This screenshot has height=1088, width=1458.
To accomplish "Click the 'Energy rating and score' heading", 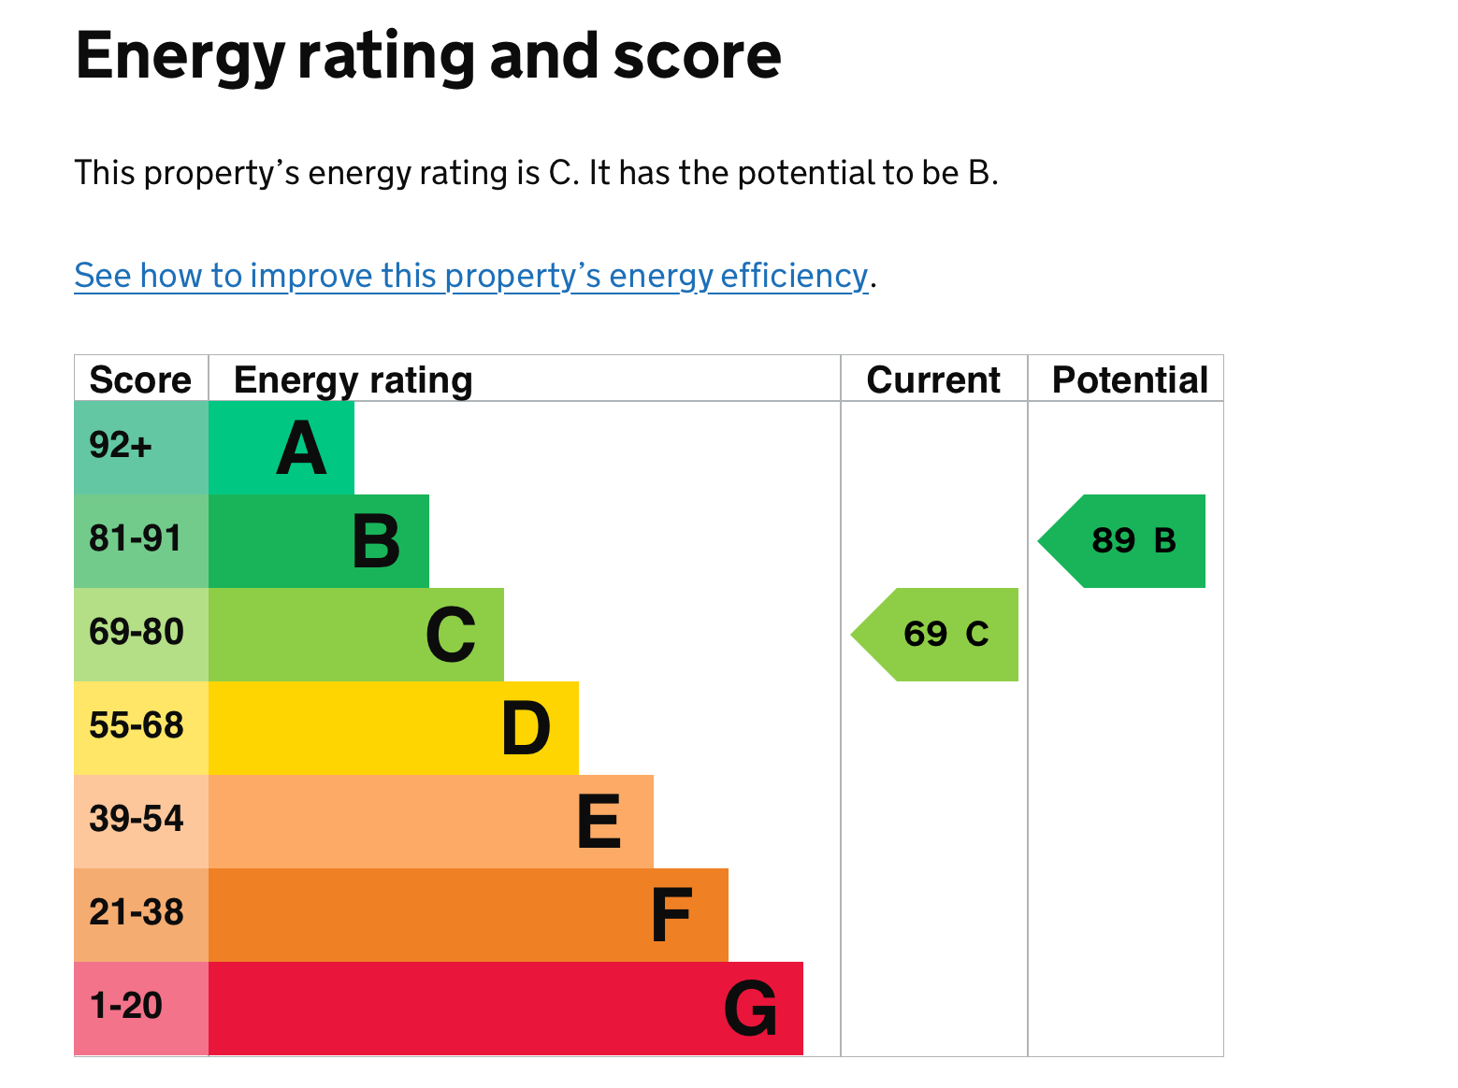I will click(x=427, y=56).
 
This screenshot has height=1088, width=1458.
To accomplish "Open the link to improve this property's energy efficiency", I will click(x=471, y=276).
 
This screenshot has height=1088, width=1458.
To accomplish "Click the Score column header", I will click(x=140, y=379).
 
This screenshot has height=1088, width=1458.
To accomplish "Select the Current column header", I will click(x=933, y=379).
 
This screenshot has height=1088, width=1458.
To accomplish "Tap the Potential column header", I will click(x=1130, y=379).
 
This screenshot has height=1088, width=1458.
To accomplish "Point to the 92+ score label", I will click(x=121, y=446).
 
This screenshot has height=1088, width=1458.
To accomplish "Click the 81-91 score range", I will click(x=136, y=539).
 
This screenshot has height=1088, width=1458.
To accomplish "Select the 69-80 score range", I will click(x=137, y=633).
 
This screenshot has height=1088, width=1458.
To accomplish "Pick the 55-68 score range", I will click(x=137, y=726).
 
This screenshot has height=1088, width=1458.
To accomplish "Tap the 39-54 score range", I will click(x=137, y=820).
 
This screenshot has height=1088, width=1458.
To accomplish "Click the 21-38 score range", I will click(x=137, y=913).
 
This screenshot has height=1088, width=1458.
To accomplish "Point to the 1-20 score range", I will click(x=126, y=1007).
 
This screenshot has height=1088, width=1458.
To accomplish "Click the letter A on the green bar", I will click(x=301, y=449).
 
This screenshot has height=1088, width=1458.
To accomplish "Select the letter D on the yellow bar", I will click(x=526, y=729).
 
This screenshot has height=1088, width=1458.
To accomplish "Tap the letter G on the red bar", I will click(x=750, y=1009).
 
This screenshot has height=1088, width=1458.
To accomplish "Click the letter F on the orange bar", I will click(x=671, y=916).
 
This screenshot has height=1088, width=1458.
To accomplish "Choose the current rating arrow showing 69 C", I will click(x=945, y=635).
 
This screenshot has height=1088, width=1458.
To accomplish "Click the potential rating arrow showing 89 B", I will click(x=1133, y=541).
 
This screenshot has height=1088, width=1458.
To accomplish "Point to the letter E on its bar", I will click(x=599, y=823).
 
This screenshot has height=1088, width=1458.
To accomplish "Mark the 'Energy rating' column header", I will click(x=353, y=379).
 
